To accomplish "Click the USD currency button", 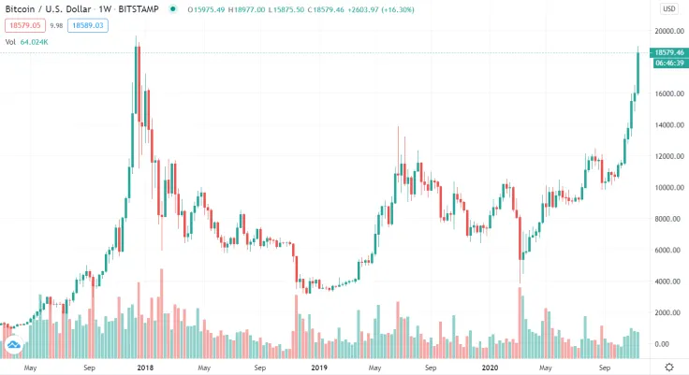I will point(668,8).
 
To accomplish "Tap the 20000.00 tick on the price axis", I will point(666,31).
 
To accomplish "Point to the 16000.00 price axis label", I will point(666,94).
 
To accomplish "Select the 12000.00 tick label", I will point(666,156).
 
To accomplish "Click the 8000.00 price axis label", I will point(666,219).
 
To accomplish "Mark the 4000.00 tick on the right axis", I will point(666,281).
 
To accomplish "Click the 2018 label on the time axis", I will point(146,368).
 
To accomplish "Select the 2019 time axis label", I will point(320,368).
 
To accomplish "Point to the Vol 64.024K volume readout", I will point(34,42).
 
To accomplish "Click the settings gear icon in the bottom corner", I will point(668,367).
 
